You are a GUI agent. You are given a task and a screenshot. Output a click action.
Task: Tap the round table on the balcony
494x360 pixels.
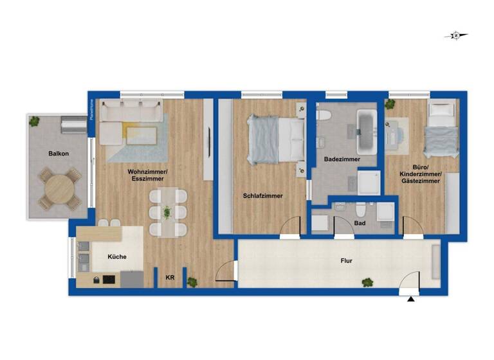59,188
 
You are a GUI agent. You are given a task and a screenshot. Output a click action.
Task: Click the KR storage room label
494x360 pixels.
170,277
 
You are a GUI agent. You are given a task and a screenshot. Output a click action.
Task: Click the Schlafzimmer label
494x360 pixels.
262,196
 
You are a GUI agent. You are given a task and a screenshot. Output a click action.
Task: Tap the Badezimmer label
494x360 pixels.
342,159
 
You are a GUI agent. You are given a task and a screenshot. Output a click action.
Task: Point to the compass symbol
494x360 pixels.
455,36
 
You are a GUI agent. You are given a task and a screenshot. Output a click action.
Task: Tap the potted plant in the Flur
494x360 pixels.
367,282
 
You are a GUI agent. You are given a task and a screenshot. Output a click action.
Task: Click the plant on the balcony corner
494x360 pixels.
34,120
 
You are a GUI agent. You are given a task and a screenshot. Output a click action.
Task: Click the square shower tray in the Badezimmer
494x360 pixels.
369,182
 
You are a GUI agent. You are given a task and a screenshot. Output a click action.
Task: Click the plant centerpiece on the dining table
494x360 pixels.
167,212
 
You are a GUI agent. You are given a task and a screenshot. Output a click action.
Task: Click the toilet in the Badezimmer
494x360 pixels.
324,117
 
